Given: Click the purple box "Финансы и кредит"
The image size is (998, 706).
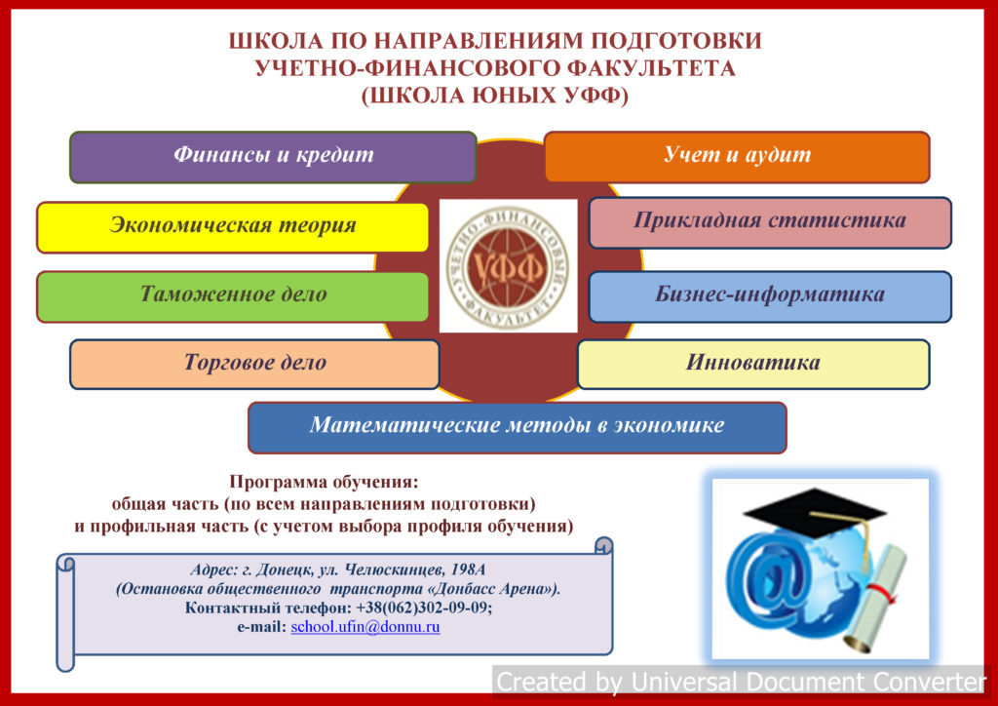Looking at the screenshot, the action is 273,157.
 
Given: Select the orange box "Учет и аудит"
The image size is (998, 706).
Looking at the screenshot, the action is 737,157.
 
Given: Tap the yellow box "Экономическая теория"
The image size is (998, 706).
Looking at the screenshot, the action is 232,227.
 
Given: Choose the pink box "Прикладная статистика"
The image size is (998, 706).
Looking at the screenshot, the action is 770,222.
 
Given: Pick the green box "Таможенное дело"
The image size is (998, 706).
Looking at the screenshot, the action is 232,296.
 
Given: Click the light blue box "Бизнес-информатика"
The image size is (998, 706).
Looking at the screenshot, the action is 770,296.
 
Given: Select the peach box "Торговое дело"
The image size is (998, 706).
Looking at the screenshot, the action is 254,364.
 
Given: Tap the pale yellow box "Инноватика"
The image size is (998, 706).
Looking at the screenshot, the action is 753,364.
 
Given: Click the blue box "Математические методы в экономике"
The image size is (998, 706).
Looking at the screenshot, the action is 517,427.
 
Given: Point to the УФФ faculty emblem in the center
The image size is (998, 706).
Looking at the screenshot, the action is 508,265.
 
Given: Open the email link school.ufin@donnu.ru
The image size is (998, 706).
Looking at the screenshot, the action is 365,627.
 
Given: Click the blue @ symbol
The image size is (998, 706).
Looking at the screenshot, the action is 767,579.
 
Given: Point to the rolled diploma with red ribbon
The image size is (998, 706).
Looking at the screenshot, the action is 877,599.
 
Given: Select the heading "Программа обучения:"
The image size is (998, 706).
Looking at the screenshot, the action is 324,482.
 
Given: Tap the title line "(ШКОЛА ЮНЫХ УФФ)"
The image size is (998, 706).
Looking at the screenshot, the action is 495,97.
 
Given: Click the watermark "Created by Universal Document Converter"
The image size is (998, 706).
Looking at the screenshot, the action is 742,682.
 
